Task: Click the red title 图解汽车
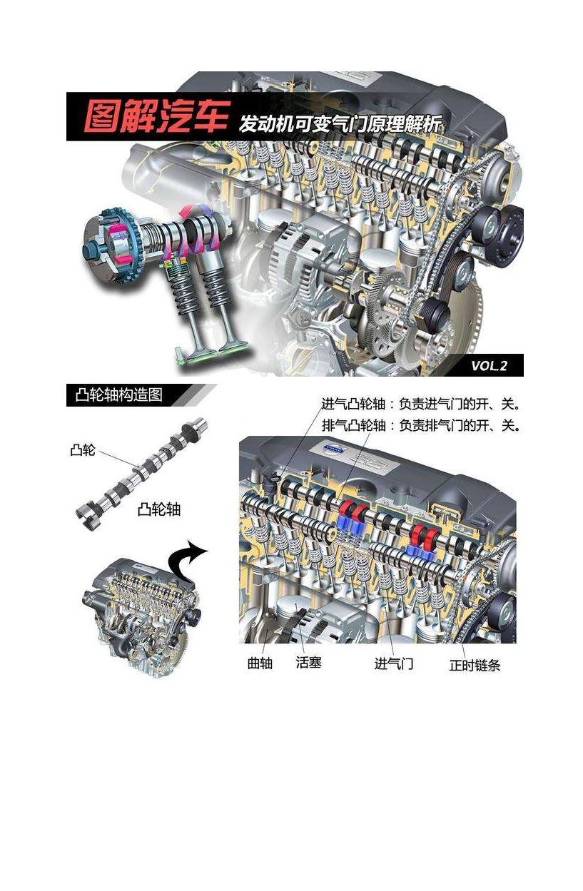point(156,116)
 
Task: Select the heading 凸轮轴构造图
point(118,395)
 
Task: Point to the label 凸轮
point(83,450)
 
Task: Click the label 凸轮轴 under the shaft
point(159,509)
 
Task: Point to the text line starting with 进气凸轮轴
point(421,404)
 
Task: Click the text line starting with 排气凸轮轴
point(421,426)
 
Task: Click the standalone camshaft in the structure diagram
point(142,474)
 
